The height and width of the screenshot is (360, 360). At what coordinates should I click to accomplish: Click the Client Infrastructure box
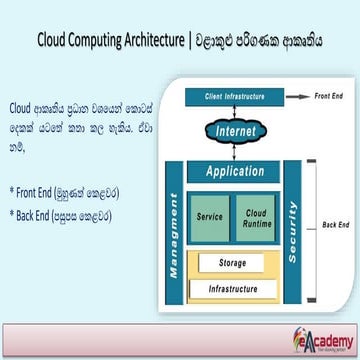233,97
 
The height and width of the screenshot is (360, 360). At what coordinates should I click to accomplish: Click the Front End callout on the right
330,96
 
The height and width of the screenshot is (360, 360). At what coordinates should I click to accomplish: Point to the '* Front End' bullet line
61,191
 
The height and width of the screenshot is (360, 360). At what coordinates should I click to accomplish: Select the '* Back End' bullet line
61,213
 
